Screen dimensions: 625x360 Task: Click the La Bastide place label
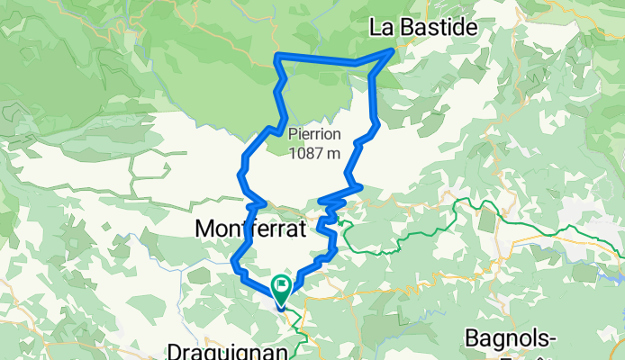pyautogui.click(x=423, y=29)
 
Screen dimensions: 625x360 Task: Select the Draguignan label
pyautogui.click(x=231, y=349)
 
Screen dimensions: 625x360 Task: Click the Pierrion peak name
pyautogui.click(x=314, y=135)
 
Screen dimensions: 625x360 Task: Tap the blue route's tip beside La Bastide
pyautogui.click(x=392, y=50)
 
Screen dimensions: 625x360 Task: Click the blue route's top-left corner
pyautogui.click(x=276, y=58)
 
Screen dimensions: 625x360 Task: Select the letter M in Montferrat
pyautogui.click(x=204, y=229)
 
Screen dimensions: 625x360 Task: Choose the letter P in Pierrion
pyautogui.click(x=293, y=135)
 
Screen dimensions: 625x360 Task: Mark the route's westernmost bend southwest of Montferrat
pyautogui.click(x=235, y=263)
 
